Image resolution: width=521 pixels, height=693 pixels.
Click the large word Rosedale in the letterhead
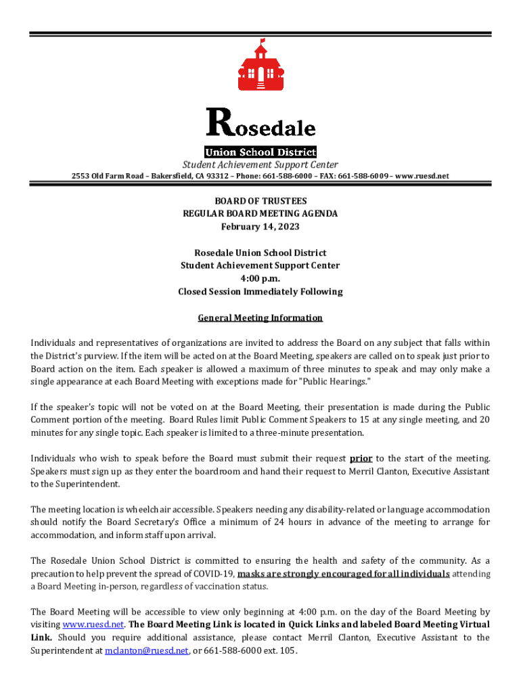pos(260,125)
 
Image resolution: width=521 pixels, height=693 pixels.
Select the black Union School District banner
pos(260,152)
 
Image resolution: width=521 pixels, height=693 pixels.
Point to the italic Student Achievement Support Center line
pos(260,164)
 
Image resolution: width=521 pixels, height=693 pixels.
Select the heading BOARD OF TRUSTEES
pos(260,201)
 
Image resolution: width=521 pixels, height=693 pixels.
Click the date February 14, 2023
pos(260,227)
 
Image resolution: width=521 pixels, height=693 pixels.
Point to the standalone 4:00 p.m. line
pos(260,279)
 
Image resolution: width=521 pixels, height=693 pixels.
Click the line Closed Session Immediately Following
pos(260,292)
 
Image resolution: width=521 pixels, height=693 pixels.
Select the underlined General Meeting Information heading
pos(260,318)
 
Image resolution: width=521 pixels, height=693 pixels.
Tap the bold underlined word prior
pos(361,458)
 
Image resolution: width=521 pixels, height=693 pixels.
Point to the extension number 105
pos(287,650)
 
